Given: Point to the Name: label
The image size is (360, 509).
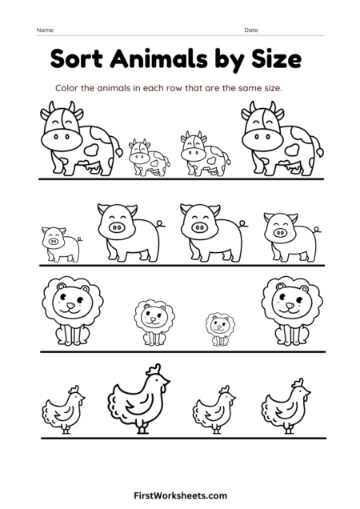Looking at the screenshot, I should (45, 30).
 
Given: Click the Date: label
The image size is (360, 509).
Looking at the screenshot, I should (251, 30).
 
